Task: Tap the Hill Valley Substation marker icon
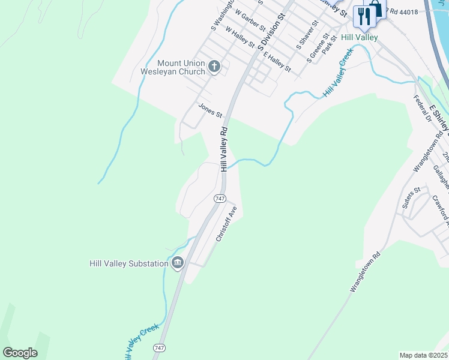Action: pyautogui.click(x=177, y=263)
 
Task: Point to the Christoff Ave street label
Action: pyautogui.click(x=227, y=224)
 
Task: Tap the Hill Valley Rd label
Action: pyautogui.click(x=224, y=149)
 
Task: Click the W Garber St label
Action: pyautogui.click(x=250, y=20)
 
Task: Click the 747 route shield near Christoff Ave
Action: pyautogui.click(x=220, y=198)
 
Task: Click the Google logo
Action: pyautogui.click(x=20, y=352)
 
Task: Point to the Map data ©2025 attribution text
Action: pyautogui.click(x=423, y=355)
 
